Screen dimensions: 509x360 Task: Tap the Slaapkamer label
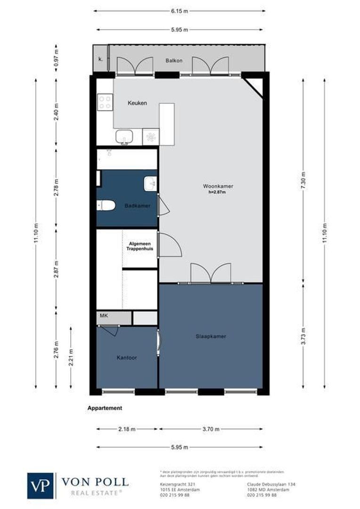point(211,337)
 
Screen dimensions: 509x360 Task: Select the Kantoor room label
point(127,358)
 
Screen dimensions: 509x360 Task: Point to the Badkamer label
point(137,206)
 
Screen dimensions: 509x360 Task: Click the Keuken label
point(137,103)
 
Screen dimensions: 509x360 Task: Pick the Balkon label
point(173,61)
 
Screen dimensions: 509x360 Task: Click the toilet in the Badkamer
point(106,205)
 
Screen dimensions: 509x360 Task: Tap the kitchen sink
point(124,137)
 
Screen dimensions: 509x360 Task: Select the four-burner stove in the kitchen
point(105,101)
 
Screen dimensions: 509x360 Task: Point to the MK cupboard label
point(104,316)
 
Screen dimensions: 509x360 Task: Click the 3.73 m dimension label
point(304,336)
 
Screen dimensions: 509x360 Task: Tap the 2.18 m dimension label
point(127,429)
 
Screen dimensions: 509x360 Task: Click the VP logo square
point(41,485)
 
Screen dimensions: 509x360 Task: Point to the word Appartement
point(105,408)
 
